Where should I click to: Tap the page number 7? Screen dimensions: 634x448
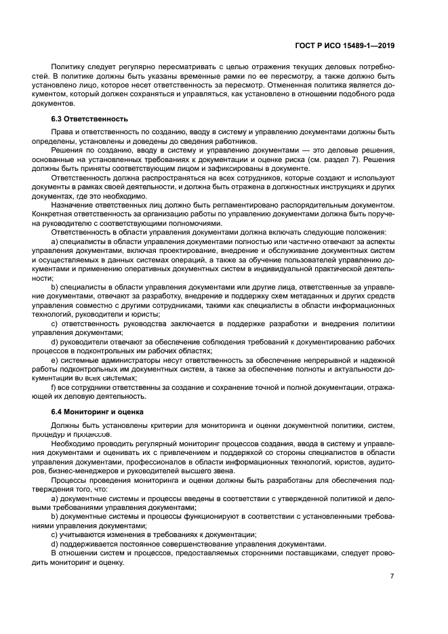tap(392, 576)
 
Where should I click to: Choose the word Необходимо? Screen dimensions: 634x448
tap(75, 443)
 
